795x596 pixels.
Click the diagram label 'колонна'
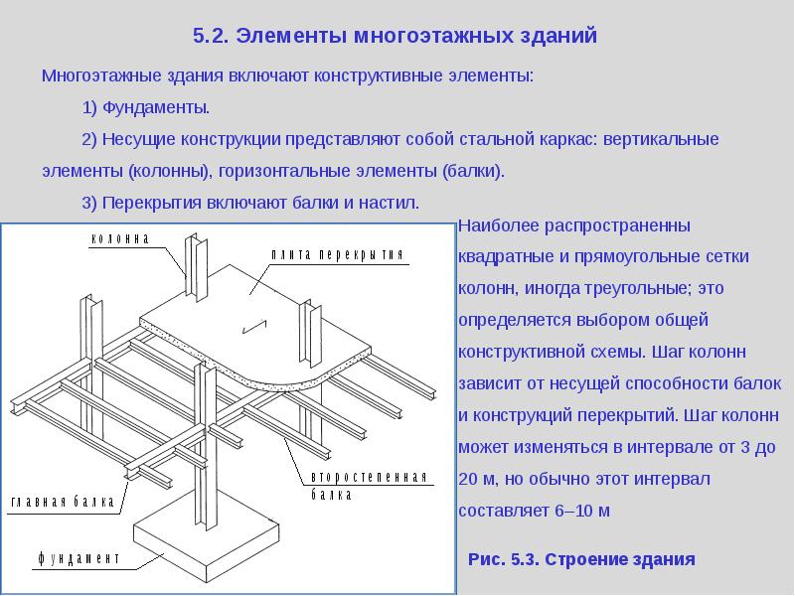pos(120,239)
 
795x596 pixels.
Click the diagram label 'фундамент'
pos(79,558)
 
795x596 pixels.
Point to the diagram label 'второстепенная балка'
pos(369,486)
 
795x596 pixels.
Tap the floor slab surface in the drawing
pos(248,298)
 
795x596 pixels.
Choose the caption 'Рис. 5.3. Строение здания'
pos(581,559)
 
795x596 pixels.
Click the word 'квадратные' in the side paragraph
pos(505,257)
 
